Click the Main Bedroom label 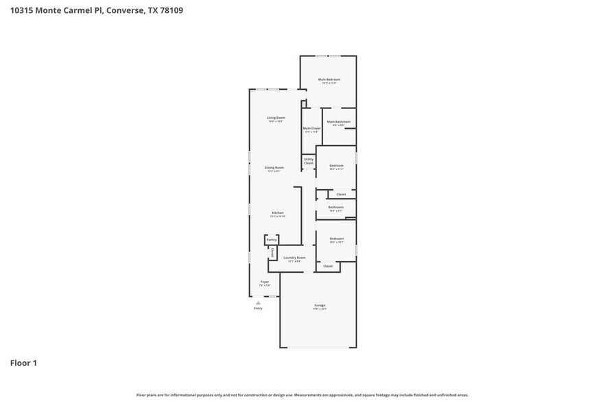[329, 80]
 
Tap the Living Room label [276, 118]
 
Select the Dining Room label [274, 168]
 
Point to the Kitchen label [278, 213]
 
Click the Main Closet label [311, 128]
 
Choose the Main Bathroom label [338, 122]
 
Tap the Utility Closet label [309, 161]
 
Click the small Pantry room [272, 240]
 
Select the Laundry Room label [294, 258]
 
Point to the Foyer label [264, 282]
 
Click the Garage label [320, 305]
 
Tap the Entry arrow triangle [258, 302]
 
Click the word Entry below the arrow [258, 308]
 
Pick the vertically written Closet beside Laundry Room [272, 253]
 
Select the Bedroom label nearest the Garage [336, 239]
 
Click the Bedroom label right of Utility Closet [336, 165]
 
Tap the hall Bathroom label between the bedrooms [336, 207]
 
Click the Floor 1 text [23, 363]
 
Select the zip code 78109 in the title [169, 10]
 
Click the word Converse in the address [126, 10]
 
